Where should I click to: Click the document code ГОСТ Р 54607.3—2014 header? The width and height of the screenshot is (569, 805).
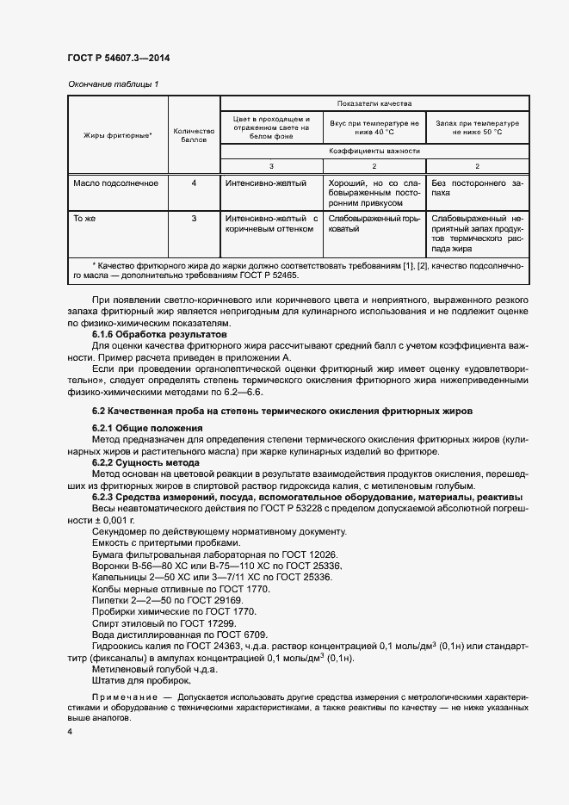point(118,57)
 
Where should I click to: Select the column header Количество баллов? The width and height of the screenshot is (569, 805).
point(194,135)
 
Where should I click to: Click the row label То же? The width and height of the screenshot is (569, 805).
point(84,219)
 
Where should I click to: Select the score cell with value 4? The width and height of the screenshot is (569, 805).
point(194,183)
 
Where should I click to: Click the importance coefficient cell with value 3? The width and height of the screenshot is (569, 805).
point(271,165)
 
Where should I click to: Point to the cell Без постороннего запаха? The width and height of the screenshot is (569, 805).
point(476,189)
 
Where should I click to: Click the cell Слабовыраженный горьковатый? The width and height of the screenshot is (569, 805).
point(373,225)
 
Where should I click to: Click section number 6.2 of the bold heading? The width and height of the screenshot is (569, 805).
point(100,412)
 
